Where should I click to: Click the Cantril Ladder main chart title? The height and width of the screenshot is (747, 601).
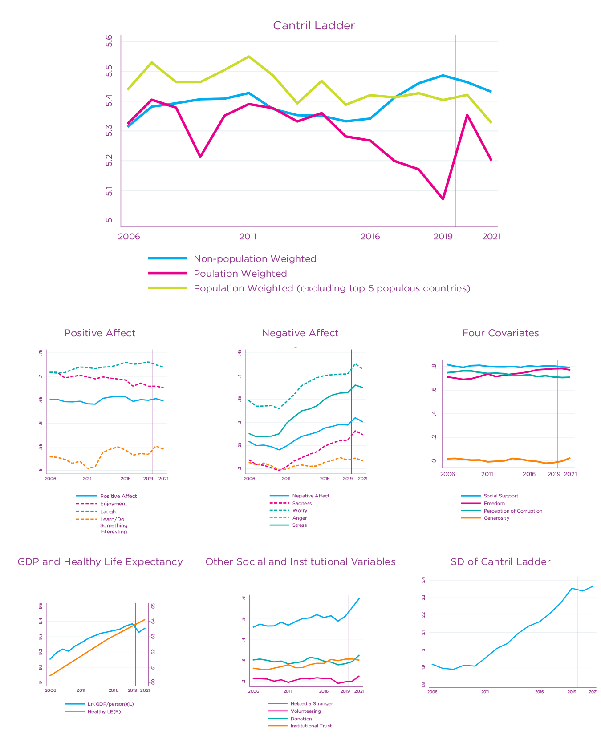(x=314, y=26)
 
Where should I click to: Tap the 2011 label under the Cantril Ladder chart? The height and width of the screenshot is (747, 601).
(x=248, y=237)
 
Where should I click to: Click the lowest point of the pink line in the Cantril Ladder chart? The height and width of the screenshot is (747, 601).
(x=443, y=199)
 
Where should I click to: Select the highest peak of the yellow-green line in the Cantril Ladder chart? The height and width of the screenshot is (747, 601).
(x=248, y=57)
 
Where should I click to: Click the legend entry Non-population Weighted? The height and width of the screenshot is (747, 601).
(x=255, y=259)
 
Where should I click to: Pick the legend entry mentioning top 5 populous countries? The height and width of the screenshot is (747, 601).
(x=332, y=288)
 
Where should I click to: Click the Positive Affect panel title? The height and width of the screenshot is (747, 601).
(x=100, y=333)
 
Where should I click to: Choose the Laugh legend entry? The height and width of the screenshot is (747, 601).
(x=108, y=512)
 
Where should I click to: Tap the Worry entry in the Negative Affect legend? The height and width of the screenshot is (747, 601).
(x=300, y=511)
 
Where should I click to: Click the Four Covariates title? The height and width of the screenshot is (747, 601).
(x=500, y=333)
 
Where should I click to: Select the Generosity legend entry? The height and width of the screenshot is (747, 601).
(x=496, y=518)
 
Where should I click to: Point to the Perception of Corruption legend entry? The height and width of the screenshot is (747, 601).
(x=513, y=511)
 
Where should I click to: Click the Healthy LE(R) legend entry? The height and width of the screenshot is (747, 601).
(x=104, y=711)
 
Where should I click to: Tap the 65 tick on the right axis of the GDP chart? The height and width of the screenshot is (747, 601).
(x=153, y=606)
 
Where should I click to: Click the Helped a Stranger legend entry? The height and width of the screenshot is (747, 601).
(x=312, y=703)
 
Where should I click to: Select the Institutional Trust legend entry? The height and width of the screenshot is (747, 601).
(x=311, y=726)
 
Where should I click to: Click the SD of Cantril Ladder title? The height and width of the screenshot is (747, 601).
(x=500, y=562)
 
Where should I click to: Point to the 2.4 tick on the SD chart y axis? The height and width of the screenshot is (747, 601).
(x=423, y=580)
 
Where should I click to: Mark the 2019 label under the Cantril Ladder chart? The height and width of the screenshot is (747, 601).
(x=443, y=237)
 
